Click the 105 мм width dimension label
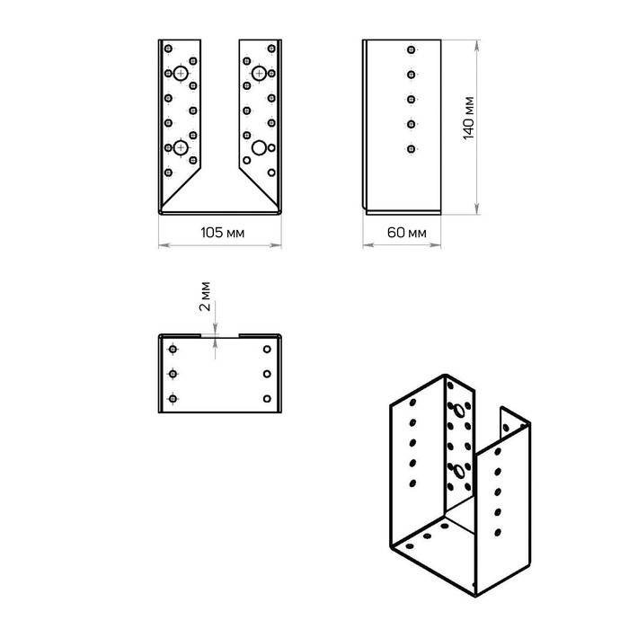(222, 233)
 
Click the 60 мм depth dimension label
(406, 233)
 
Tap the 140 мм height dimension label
(468, 118)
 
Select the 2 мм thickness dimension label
(205, 297)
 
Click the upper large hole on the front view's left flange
(181, 74)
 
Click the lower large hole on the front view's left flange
(181, 147)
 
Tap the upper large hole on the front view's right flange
(259, 74)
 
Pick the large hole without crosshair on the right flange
(259, 147)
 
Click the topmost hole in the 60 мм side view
(411, 49)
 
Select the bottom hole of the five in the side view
(411, 149)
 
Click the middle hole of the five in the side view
(411, 99)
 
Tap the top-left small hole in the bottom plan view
(173, 349)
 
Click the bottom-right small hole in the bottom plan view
(267, 398)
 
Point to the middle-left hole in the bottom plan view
(173, 374)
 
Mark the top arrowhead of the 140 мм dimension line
(476, 46)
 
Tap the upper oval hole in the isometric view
(458, 412)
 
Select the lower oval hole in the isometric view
(458, 471)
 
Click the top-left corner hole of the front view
(169, 49)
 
